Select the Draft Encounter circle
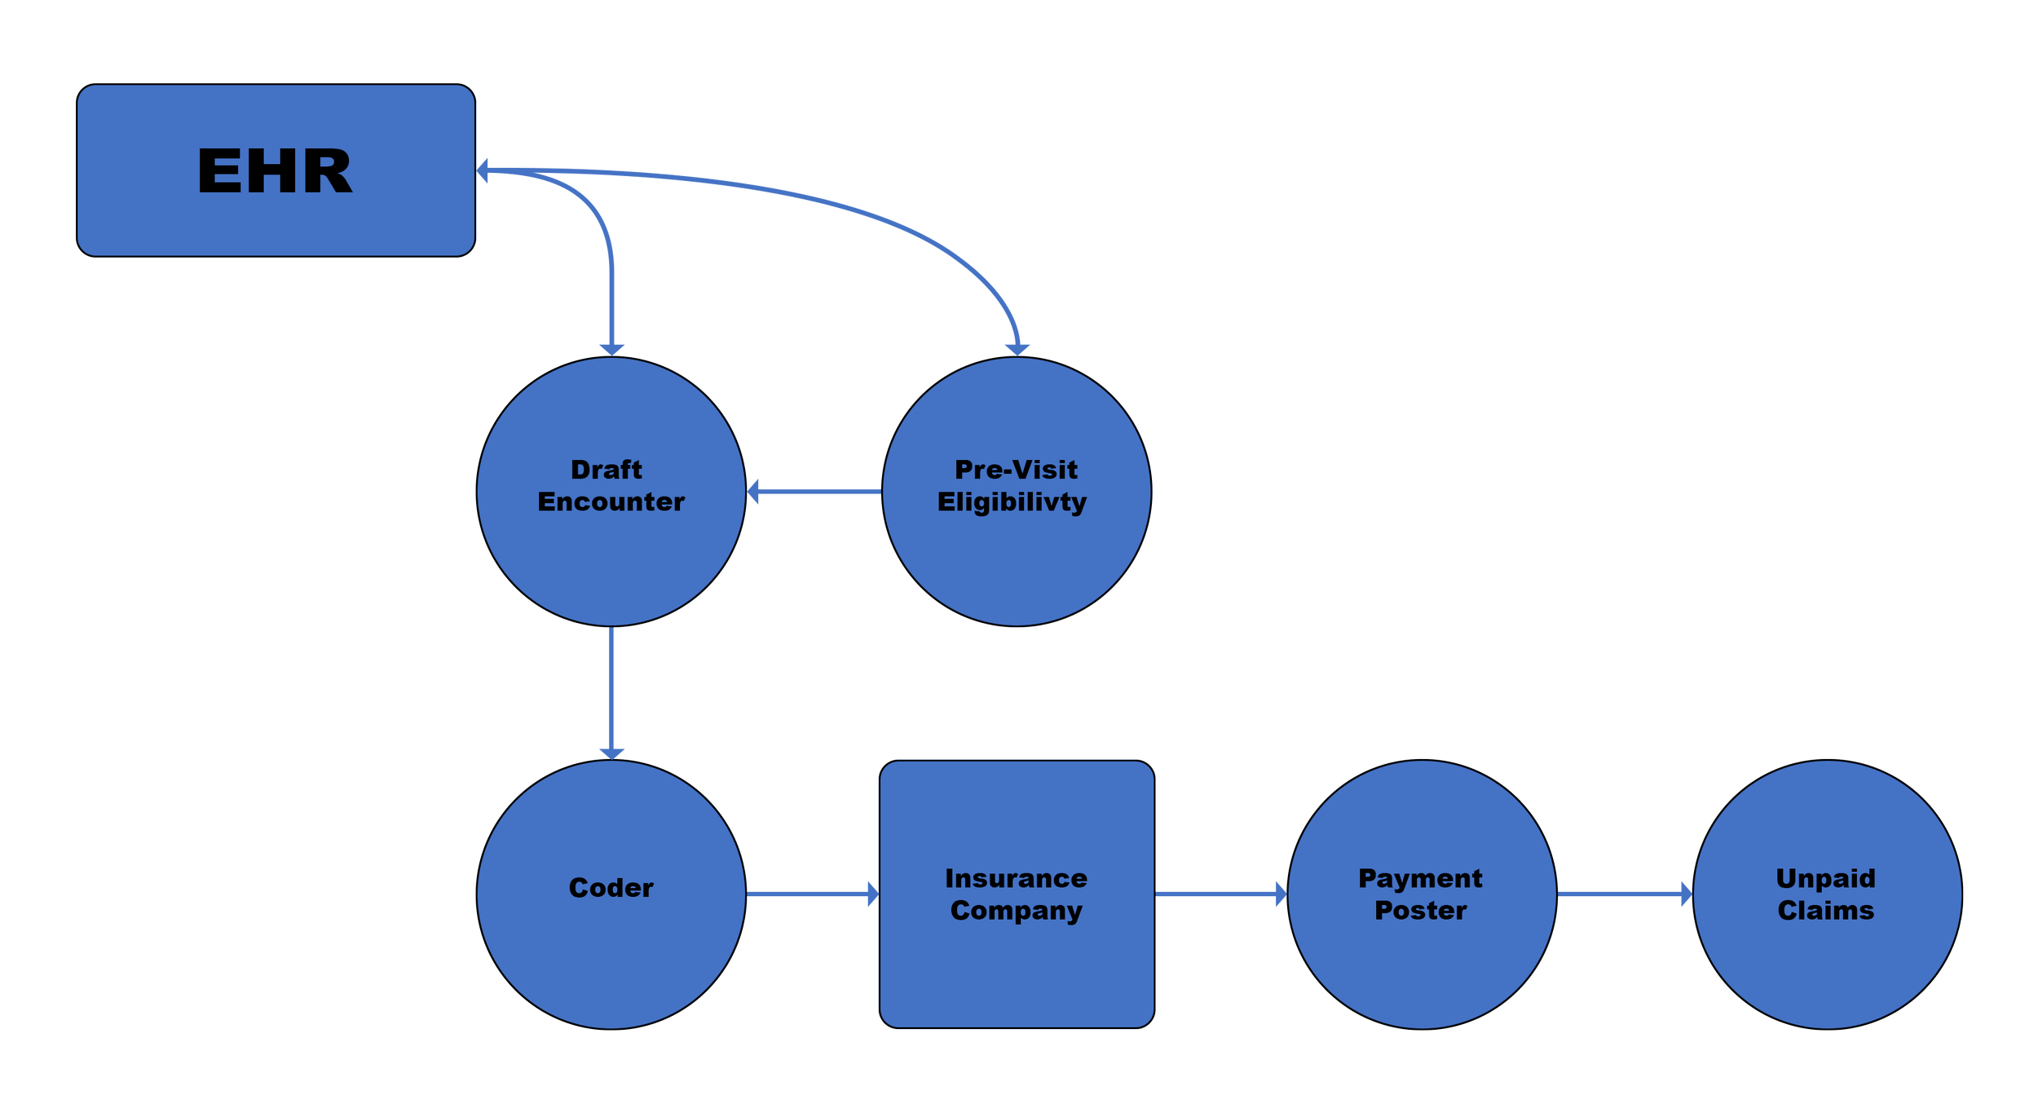(x=611, y=554)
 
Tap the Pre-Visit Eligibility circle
(x=1017, y=554)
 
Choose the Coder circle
(x=611, y=954)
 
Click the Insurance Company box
(x=1017, y=970)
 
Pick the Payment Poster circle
(x=1422, y=962)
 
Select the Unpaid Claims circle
(x=1827, y=962)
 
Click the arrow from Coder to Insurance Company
(x=811, y=894)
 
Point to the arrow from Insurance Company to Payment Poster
(x=1219, y=894)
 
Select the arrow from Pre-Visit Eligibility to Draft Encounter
(x=815, y=492)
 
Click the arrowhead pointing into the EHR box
(x=483, y=171)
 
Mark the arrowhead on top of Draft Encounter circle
(x=612, y=349)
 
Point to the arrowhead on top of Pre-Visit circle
(x=1017, y=349)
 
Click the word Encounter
(x=611, y=501)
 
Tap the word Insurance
(x=1016, y=878)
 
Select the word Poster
(x=1421, y=910)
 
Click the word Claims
(x=1826, y=910)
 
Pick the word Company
(x=1016, y=910)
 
